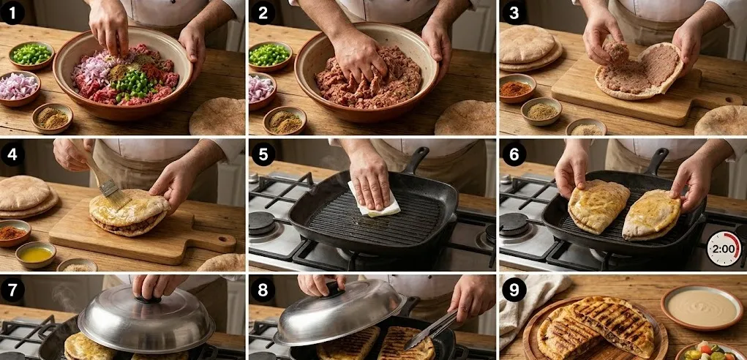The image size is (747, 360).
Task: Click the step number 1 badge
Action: [x=12, y=13]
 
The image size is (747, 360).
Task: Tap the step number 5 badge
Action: [x=263, y=154]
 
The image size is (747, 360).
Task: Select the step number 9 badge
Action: [x=513, y=290]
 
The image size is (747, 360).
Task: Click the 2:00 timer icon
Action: [x=724, y=249]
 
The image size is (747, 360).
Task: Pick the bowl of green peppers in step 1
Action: [x=31, y=56]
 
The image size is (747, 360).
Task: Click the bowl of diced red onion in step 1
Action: [x=19, y=88]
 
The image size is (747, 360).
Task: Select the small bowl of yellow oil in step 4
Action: [x=36, y=255]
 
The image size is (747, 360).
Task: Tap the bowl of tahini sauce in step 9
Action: [x=701, y=307]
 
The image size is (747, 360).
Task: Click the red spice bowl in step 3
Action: [x=517, y=89]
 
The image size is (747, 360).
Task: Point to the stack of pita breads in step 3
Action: [x=530, y=48]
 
